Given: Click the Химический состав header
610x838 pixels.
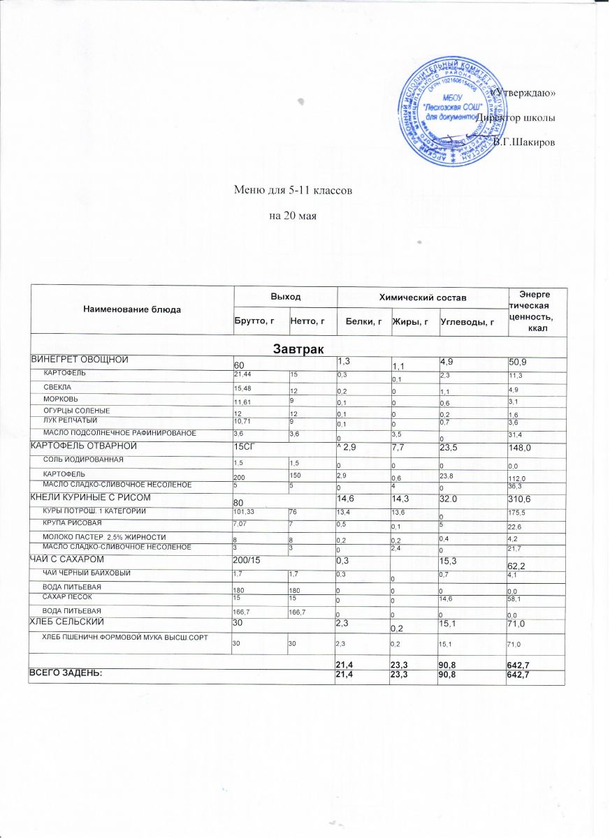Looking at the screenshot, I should [x=421, y=297].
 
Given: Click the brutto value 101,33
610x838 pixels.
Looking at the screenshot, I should [x=243, y=512].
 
